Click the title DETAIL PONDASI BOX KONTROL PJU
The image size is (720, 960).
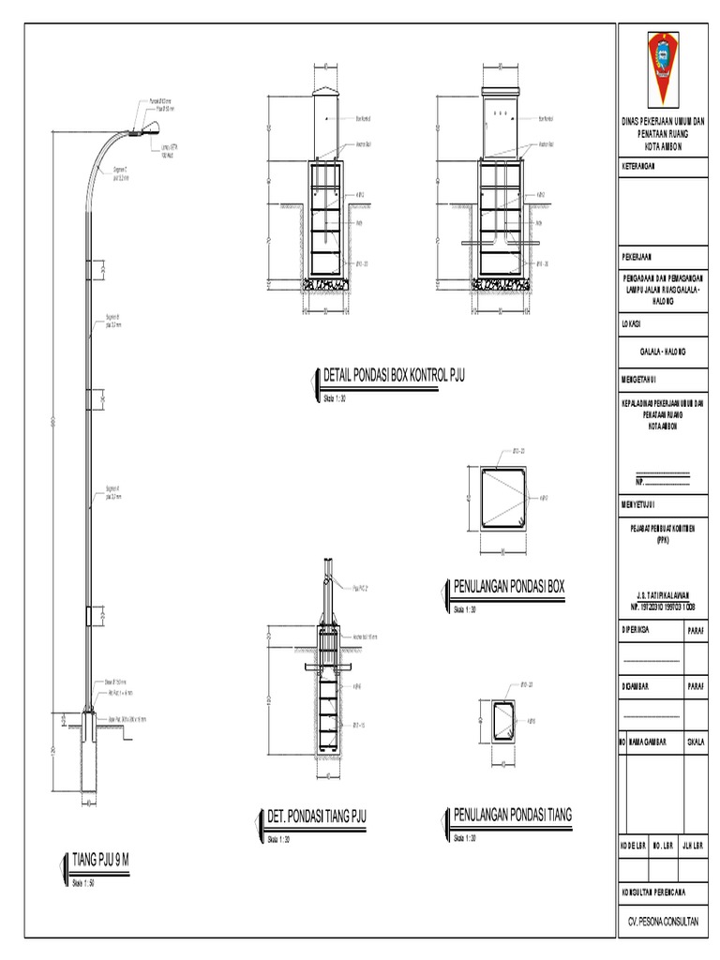click(x=393, y=377)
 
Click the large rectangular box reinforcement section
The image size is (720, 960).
click(x=502, y=498)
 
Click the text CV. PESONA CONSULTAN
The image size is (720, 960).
click(x=662, y=922)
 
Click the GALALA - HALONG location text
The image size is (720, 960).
click(x=663, y=351)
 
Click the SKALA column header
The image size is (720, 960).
click(x=696, y=741)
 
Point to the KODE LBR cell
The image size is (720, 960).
click(x=632, y=844)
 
